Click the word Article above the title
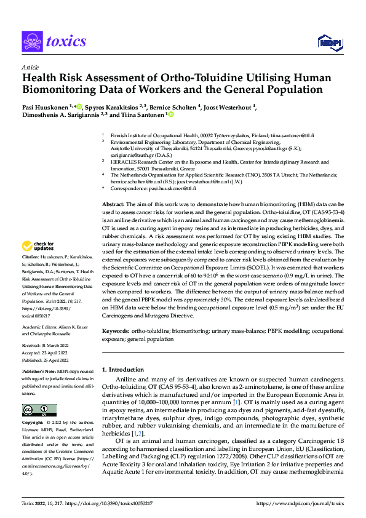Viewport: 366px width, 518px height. point(30,67)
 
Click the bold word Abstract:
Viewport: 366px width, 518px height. point(113,204)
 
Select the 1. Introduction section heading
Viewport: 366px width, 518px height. point(123,370)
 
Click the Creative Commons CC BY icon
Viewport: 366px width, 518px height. point(39,410)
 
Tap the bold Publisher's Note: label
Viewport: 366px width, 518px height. point(39,372)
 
